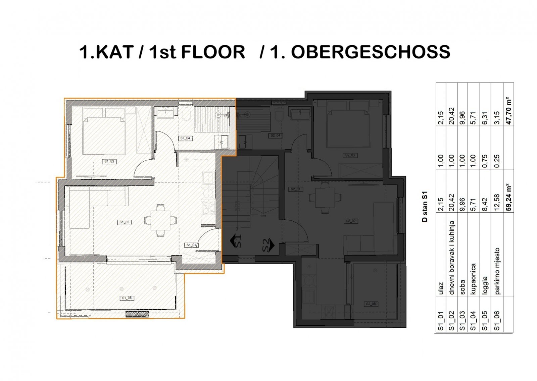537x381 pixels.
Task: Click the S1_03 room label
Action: pos(108,161)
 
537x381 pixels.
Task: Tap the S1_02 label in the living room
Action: pos(124,222)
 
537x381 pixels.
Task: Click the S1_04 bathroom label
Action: pos(185,138)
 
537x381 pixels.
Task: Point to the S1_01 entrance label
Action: pos(191,245)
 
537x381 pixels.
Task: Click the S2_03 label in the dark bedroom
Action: pos(350,155)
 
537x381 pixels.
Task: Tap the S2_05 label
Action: pos(371,304)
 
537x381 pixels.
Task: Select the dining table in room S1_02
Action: pos(160,220)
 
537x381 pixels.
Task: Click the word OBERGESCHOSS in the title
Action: pos(370,52)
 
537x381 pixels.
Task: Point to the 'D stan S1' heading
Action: pos(425,207)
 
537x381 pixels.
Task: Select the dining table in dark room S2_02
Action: pos(324,198)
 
